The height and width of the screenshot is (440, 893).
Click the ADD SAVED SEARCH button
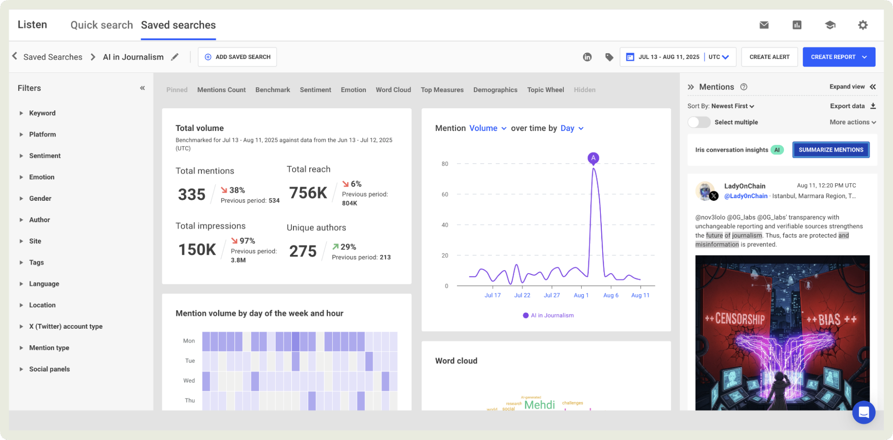[x=237, y=57]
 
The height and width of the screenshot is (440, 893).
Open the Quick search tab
[x=101, y=25]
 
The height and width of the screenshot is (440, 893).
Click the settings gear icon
[x=863, y=25]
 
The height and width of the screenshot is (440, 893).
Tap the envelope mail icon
[x=764, y=25]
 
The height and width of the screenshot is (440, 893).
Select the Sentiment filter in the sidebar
[x=45, y=156]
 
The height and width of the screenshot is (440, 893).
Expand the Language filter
[x=44, y=283]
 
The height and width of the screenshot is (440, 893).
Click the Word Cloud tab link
[x=393, y=90]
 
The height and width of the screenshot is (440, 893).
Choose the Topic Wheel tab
[x=545, y=90]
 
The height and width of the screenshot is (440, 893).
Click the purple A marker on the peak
[x=593, y=158]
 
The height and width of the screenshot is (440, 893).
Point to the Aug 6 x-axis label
[x=611, y=295]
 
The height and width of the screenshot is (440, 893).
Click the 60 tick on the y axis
[x=444, y=195]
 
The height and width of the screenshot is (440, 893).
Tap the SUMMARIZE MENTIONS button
[x=830, y=150]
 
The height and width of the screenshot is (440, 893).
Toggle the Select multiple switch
[x=699, y=122]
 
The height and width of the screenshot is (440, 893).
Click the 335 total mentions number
[x=192, y=195]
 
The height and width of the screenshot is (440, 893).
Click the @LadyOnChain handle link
[x=746, y=196]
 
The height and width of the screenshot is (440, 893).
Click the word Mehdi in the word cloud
[x=539, y=405]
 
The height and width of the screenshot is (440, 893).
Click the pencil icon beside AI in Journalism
[x=175, y=57]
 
